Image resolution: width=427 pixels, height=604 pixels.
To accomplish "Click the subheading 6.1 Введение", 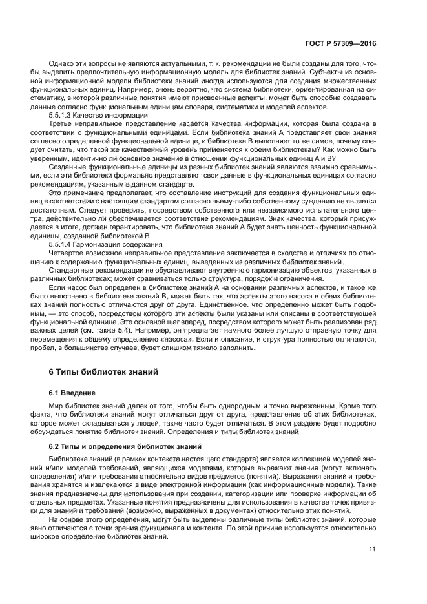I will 72,393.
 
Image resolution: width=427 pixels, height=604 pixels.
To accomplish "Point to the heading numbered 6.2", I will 124,446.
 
